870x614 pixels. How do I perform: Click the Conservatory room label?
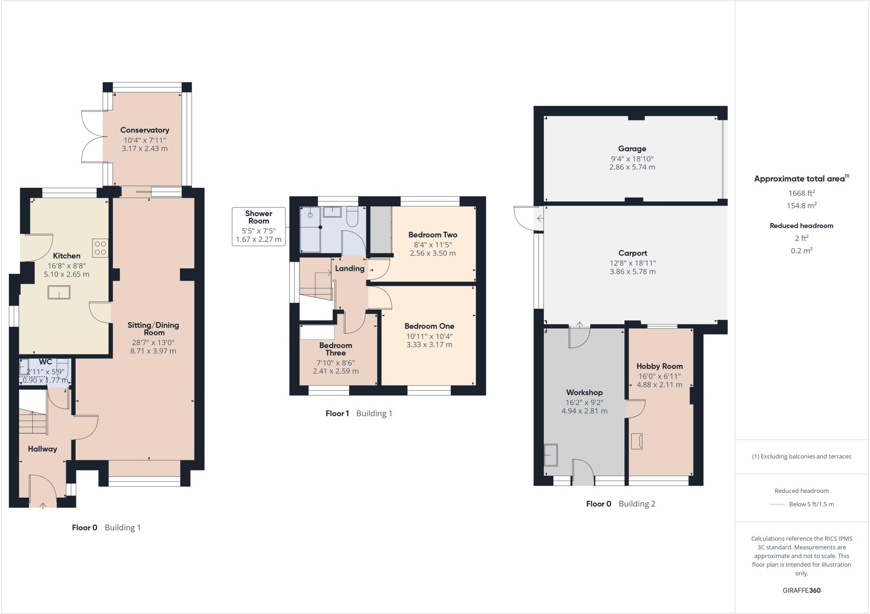pos(144,130)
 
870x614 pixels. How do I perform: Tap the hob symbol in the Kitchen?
pos(101,248)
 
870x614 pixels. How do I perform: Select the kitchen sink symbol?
pos(59,293)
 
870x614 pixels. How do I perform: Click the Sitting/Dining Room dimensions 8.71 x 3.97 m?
pos(153,351)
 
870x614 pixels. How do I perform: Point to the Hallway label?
pos(42,449)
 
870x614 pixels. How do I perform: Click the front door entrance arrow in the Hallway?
pos(43,505)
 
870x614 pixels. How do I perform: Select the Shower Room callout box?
pos(258,227)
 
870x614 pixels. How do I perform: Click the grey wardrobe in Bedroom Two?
pos(381,230)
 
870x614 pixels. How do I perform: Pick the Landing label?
pos(350,268)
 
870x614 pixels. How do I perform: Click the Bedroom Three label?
pos(336,349)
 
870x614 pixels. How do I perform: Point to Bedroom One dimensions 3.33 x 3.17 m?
pos(429,344)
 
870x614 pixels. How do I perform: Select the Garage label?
pos(632,149)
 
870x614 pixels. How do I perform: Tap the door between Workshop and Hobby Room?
pos(635,408)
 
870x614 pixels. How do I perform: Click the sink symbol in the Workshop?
pos(551,455)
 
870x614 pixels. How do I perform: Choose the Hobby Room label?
pos(659,366)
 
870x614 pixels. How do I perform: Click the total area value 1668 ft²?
pos(801,193)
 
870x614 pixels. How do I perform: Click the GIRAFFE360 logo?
pos(801,590)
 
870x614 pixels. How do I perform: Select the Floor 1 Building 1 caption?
pos(359,413)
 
